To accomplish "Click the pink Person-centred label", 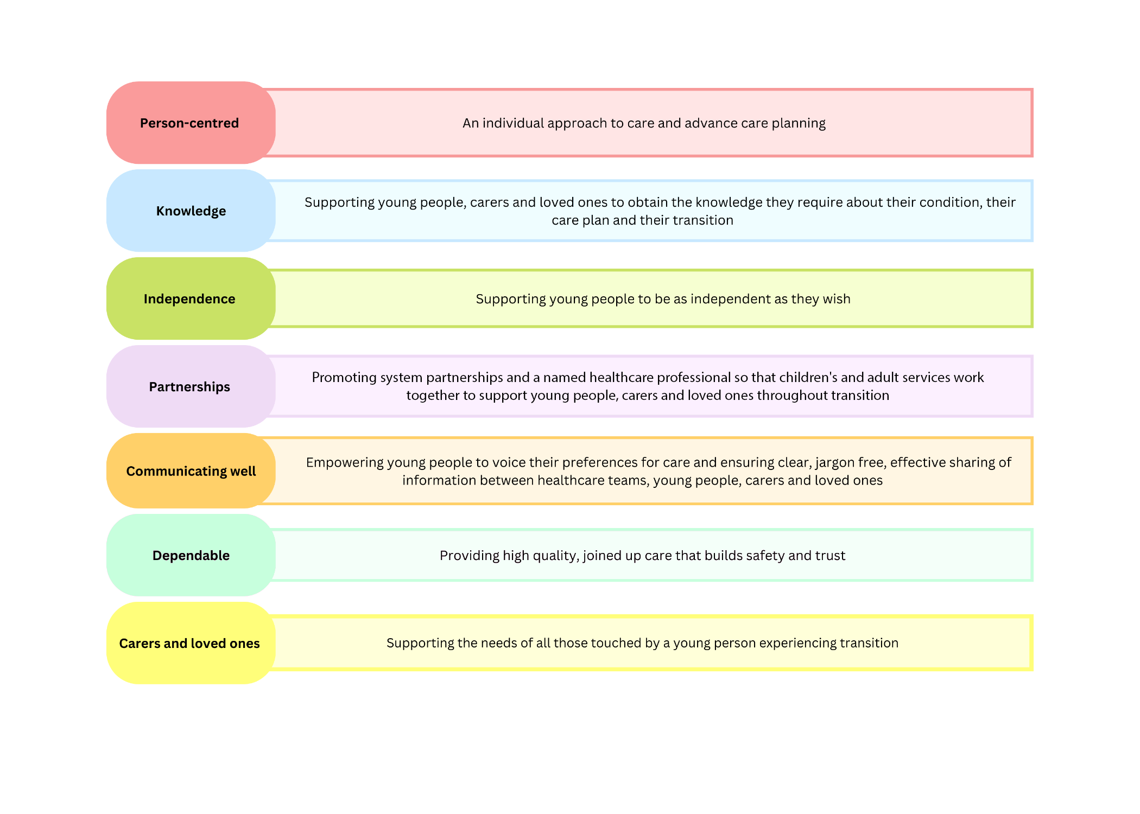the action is pos(191,123).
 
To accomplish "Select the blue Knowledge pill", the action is pos(191,211).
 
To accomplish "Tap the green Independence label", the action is pos(191,298).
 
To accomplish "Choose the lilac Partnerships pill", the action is pos(191,386).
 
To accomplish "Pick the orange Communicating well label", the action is pos(191,470).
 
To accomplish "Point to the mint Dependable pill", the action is pos(191,555).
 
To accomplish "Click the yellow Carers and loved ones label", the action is pos(191,643).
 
